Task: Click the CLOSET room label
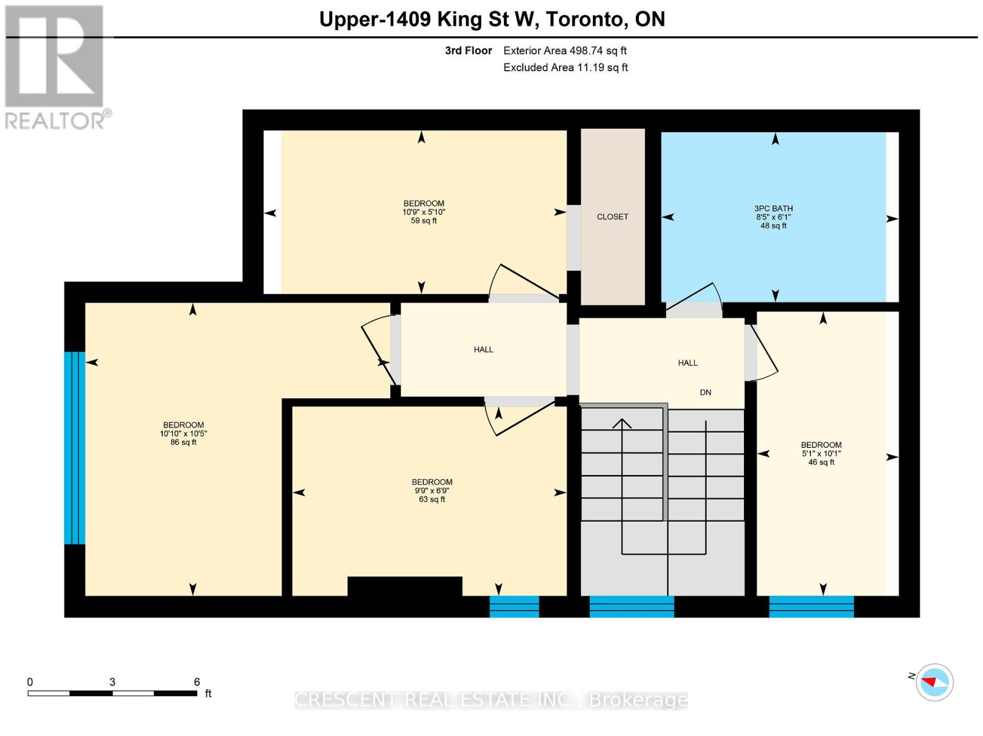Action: coord(612,217)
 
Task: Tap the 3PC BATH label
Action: coord(773,209)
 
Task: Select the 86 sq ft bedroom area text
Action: coord(183,442)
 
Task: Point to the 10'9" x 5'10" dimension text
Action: coord(424,212)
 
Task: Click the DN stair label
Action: coord(705,393)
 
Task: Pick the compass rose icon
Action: coord(934,683)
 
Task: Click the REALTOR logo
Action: coord(56,67)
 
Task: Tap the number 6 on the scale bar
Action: coord(197,682)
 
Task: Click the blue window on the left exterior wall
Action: coord(74,448)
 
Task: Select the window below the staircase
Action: coord(632,606)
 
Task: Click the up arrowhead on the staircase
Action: coord(622,423)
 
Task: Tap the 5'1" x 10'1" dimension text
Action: coord(821,453)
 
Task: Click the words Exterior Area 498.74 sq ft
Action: coord(565,50)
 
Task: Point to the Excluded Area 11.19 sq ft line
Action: coord(565,68)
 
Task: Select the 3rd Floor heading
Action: coord(468,50)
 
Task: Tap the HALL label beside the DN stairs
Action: coord(687,363)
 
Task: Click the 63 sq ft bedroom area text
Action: coord(432,499)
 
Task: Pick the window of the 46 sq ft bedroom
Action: coord(812,606)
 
